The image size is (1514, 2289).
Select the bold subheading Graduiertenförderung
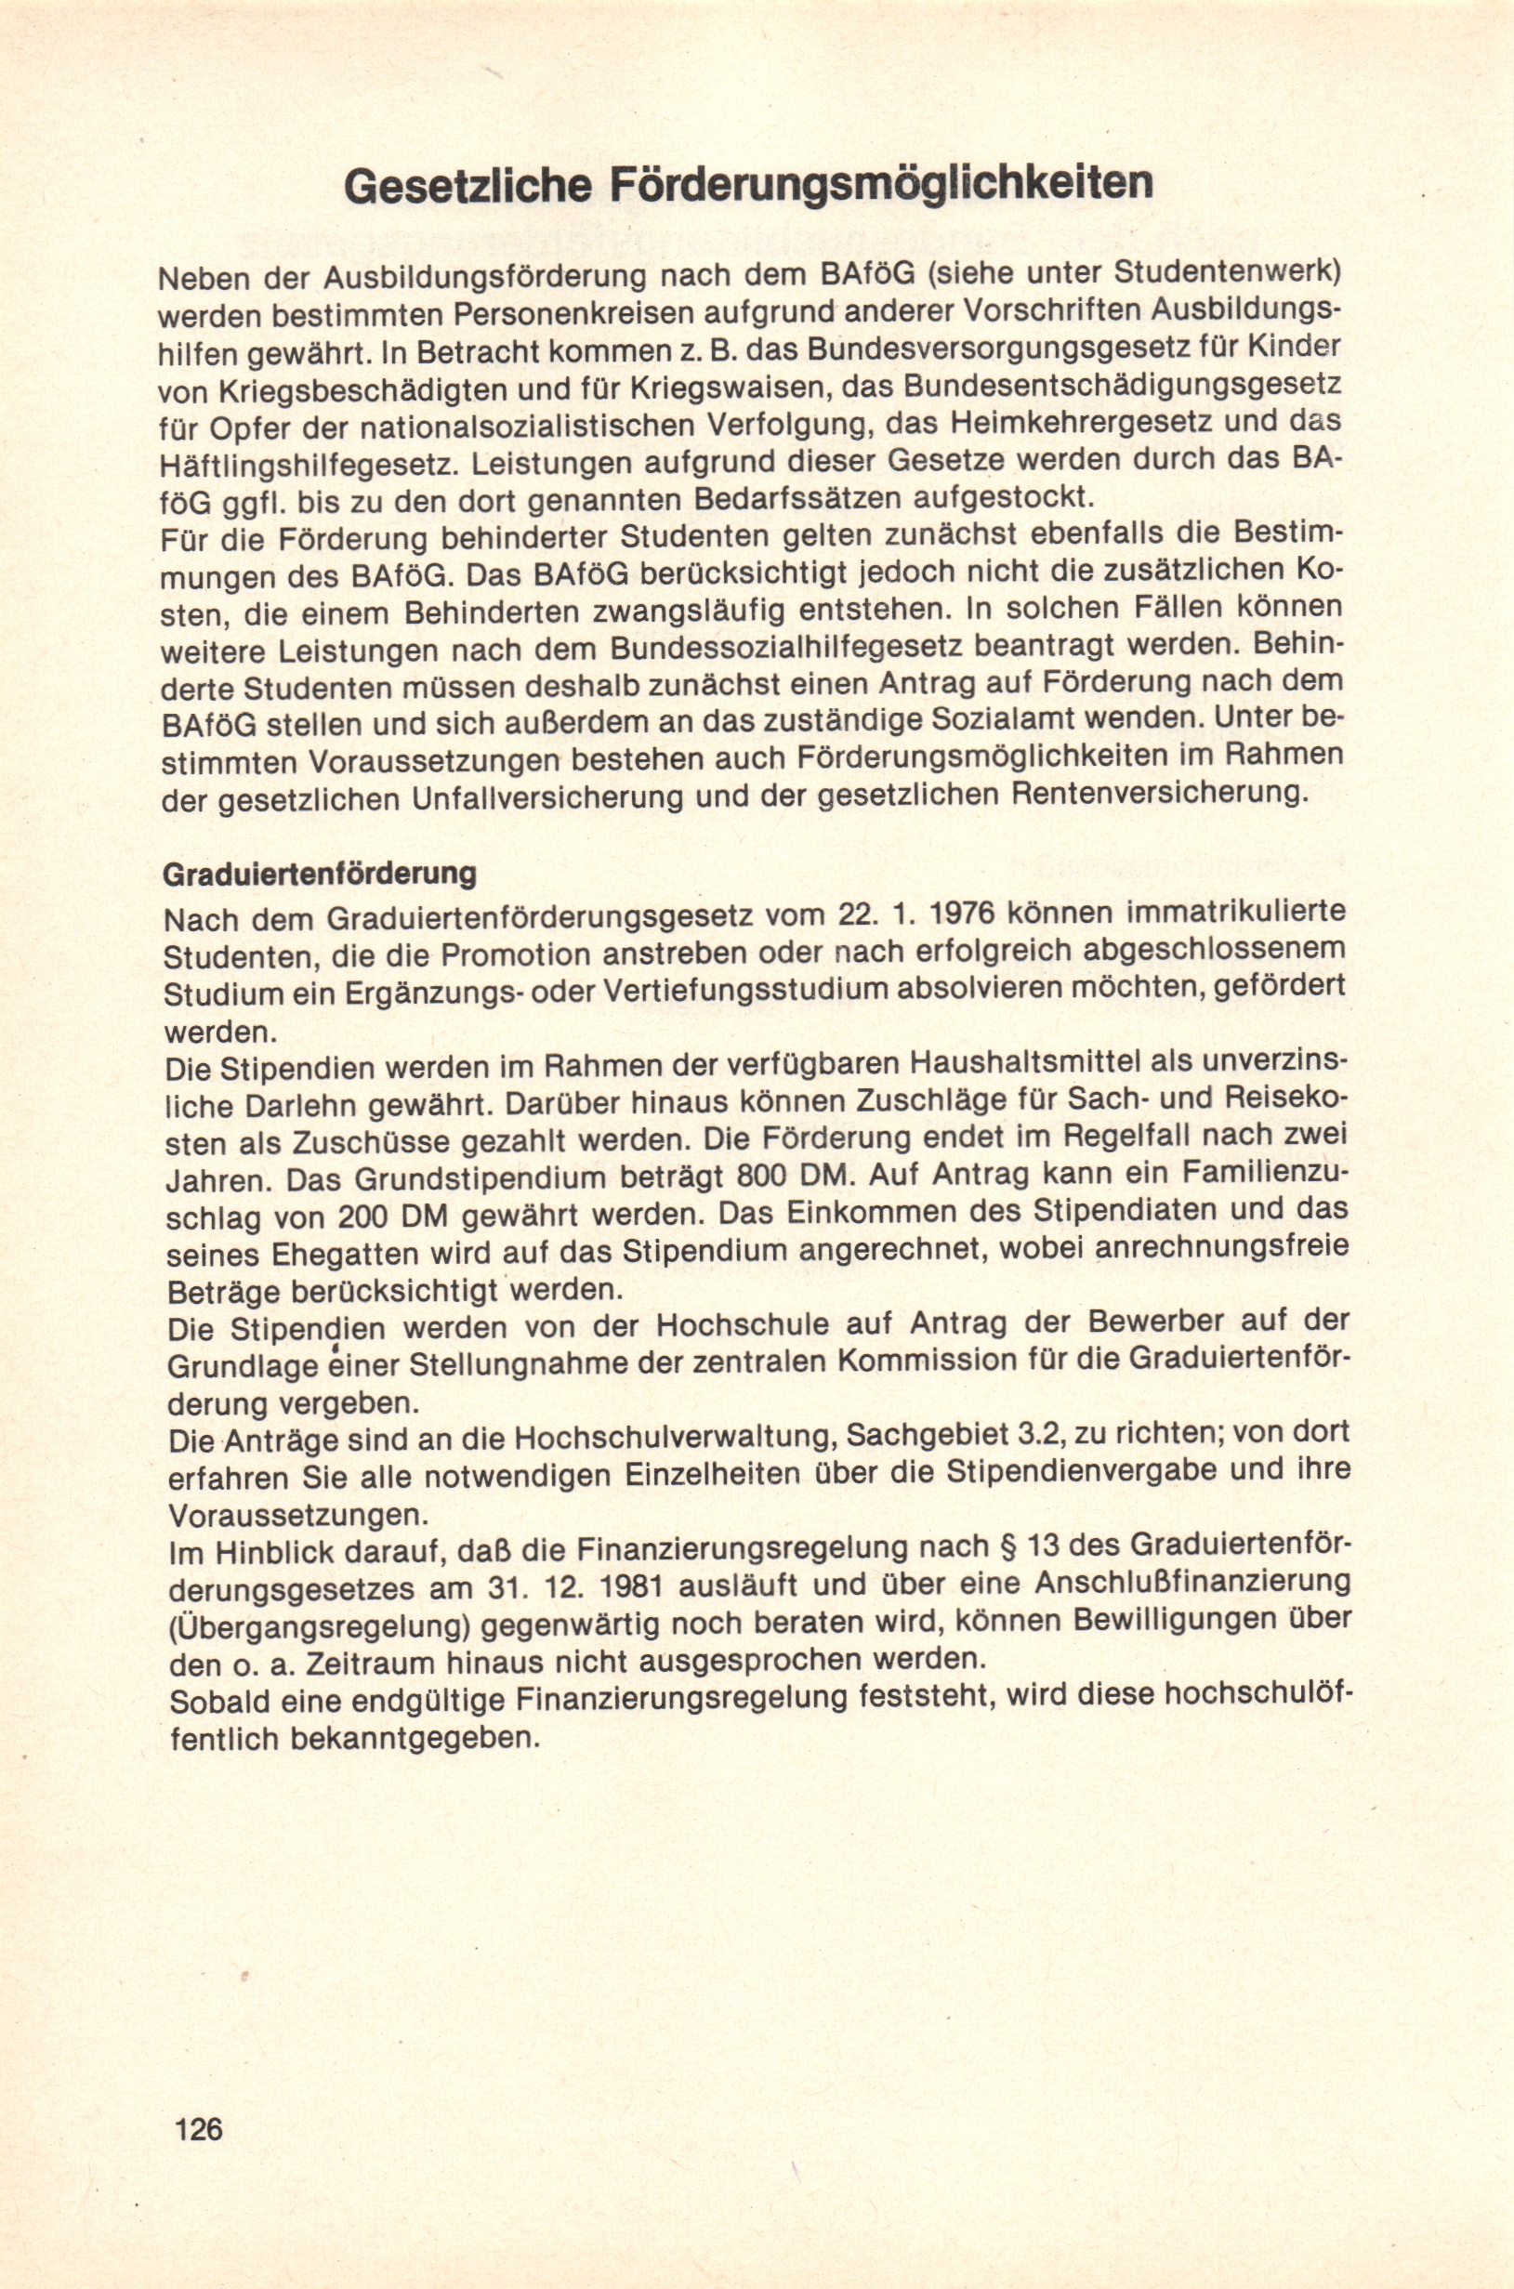click(320, 875)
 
